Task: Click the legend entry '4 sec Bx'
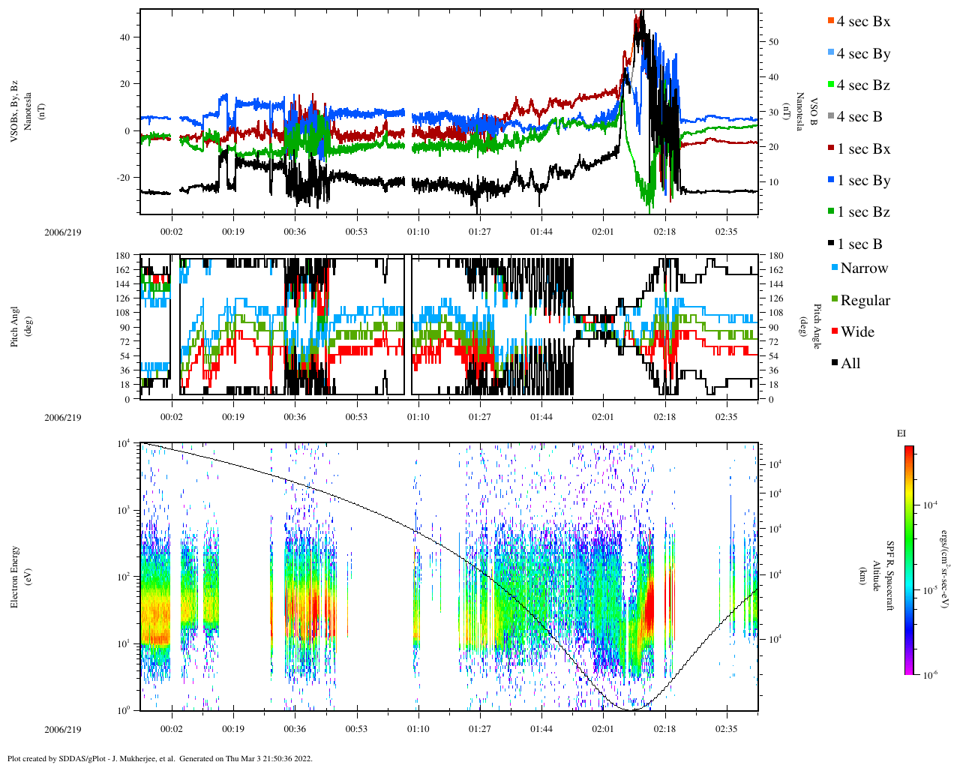pyautogui.click(x=862, y=22)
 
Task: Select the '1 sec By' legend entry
pyautogui.click(x=862, y=181)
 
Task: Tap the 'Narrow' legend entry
pyautogui.click(x=863, y=268)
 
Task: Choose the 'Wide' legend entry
pyautogui.click(x=857, y=332)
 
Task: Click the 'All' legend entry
pyautogui.click(x=850, y=364)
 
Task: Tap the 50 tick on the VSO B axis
pyautogui.click(x=773, y=42)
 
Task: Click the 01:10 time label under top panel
pyautogui.click(x=418, y=232)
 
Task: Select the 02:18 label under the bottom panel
pyautogui.click(x=664, y=729)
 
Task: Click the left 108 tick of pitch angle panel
pyautogui.click(x=124, y=313)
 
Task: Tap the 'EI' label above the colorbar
pyautogui.click(x=901, y=433)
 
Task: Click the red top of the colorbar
pyautogui.click(x=909, y=450)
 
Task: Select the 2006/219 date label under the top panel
pyautogui.click(x=63, y=232)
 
